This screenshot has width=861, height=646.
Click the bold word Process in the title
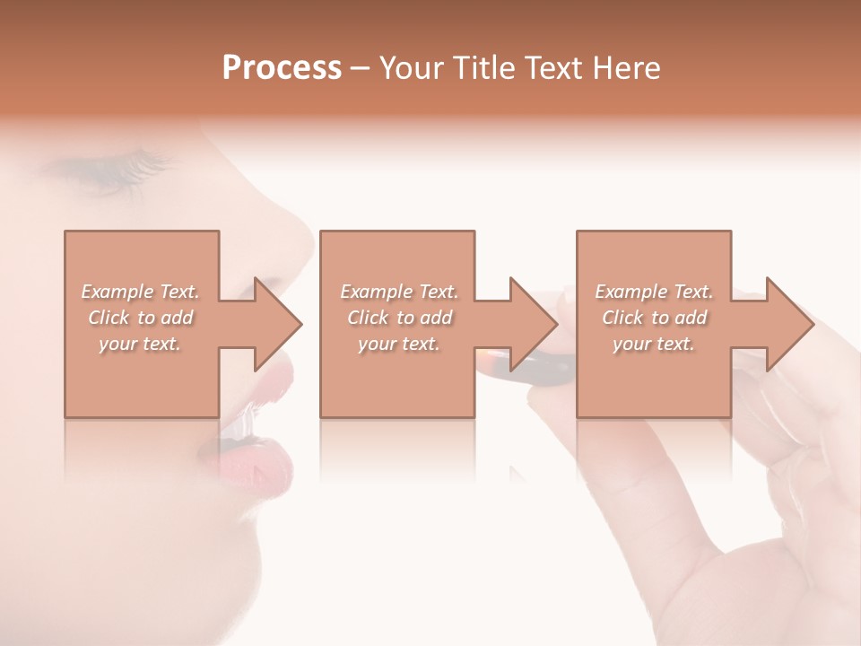pyautogui.click(x=282, y=67)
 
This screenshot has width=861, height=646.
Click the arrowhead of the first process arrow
pyautogui.click(x=278, y=324)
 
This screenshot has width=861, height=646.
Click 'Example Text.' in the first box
pyautogui.click(x=140, y=292)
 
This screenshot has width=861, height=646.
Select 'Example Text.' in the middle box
pyautogui.click(x=398, y=292)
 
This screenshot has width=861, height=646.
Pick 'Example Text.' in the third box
pyautogui.click(x=654, y=292)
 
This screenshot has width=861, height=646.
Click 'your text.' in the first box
pyautogui.click(x=140, y=344)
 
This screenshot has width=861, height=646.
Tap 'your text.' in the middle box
pyautogui.click(x=398, y=344)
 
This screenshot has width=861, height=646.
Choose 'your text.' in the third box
pyautogui.click(x=654, y=344)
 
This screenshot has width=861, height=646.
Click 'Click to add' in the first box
pyautogui.click(x=140, y=318)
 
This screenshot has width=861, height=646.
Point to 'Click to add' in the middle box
pyautogui.click(x=398, y=318)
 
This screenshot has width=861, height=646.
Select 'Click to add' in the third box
pyautogui.click(x=654, y=318)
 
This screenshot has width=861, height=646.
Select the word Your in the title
pyautogui.click(x=408, y=67)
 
